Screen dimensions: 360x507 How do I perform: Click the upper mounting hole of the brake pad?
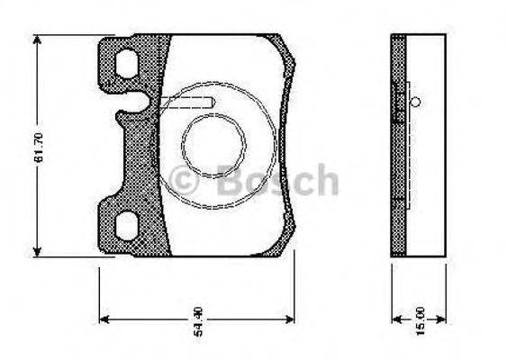tap(128, 63)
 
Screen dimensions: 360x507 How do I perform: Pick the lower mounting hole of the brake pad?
tap(128, 225)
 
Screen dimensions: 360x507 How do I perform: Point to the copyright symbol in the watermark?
tap(186, 182)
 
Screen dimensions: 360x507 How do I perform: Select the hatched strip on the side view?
tap(398, 144)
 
